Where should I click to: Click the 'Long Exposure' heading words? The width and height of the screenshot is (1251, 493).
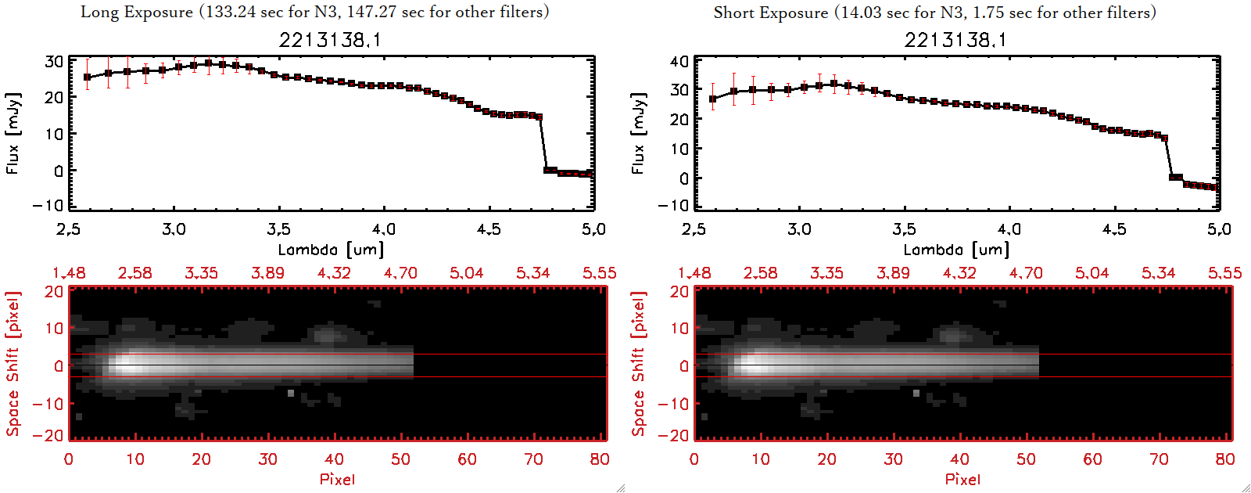click(x=137, y=12)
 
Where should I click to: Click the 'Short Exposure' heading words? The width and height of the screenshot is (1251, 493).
click(x=770, y=13)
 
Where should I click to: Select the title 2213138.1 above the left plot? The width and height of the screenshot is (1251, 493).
click(x=330, y=40)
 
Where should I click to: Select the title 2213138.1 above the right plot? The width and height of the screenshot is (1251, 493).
click(x=955, y=40)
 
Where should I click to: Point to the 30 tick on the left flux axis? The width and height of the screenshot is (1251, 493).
click(x=54, y=62)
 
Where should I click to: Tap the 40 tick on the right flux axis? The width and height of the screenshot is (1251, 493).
click(x=679, y=62)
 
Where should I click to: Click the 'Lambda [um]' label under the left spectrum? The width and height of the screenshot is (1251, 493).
click(x=331, y=250)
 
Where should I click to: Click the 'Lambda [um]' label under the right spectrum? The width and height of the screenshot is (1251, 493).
click(x=956, y=250)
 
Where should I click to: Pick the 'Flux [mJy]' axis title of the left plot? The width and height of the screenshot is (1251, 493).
click(x=13, y=133)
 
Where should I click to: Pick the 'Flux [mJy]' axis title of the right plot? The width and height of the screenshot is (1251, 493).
click(x=638, y=133)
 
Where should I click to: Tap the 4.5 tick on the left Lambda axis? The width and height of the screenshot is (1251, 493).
click(x=489, y=229)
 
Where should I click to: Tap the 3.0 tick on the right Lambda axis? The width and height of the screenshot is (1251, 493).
click(x=799, y=229)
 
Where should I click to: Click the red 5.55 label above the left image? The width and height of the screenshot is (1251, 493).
click(x=599, y=273)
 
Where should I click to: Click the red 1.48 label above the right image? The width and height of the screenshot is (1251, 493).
click(x=694, y=273)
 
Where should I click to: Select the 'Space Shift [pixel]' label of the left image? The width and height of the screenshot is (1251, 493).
click(x=13, y=364)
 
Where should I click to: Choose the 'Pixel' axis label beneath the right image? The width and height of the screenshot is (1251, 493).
click(x=962, y=479)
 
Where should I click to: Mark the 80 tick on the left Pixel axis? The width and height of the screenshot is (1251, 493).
click(x=600, y=459)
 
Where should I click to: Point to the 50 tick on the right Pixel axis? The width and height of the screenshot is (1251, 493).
click(x=1026, y=459)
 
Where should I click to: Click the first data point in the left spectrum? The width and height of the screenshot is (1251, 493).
click(x=88, y=77)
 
